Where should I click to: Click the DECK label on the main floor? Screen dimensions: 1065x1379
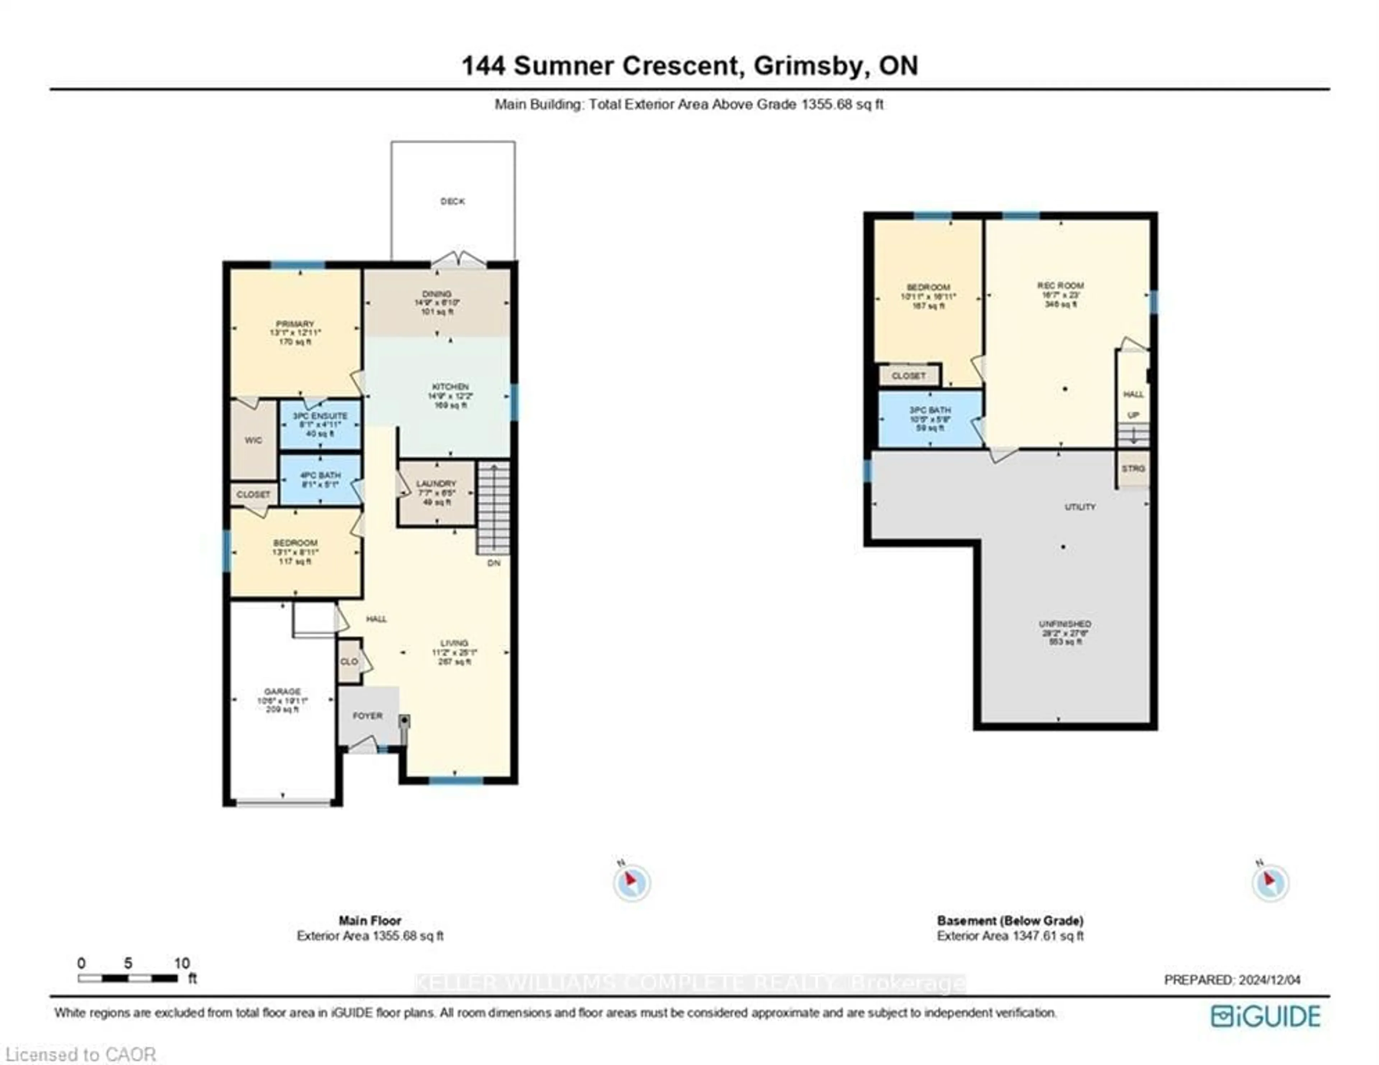pyautogui.click(x=452, y=202)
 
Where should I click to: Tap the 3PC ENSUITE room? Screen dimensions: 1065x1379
pyautogui.click(x=320, y=416)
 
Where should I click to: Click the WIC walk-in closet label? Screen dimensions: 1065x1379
pyautogui.click(x=253, y=440)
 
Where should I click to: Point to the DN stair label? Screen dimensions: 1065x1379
pyautogui.click(x=494, y=563)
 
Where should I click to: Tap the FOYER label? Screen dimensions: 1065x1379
pyautogui.click(x=367, y=716)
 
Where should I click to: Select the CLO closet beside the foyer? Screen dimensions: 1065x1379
pyautogui.click(x=349, y=661)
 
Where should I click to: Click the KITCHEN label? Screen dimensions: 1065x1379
pyautogui.click(x=450, y=387)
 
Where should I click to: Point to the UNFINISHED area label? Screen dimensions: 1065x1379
pyautogui.click(x=1064, y=624)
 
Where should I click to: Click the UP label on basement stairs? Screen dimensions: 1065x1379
pyautogui.click(x=1133, y=415)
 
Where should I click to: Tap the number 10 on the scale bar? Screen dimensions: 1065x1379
pyautogui.click(x=182, y=963)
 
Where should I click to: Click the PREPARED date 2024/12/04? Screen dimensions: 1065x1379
pyautogui.click(x=1269, y=980)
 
